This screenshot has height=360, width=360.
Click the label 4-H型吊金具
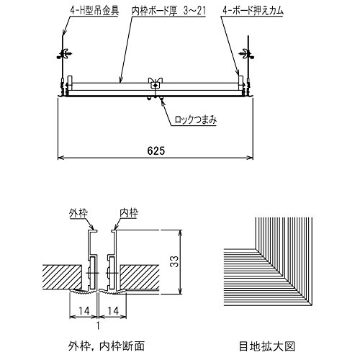94,11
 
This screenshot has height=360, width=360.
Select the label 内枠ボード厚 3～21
168,11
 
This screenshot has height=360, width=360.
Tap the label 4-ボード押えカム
253,11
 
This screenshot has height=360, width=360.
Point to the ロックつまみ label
196,120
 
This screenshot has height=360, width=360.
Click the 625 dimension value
156,150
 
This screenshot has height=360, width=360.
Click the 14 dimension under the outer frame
84,311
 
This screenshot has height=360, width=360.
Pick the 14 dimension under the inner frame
113,311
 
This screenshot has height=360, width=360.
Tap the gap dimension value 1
98,326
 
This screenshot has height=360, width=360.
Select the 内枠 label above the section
129,213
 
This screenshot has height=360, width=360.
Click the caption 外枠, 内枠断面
107,346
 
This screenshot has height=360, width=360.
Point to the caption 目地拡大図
267,346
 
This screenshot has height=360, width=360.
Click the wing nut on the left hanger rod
64,54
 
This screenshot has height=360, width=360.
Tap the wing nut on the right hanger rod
247,54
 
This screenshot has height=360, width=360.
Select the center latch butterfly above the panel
156,81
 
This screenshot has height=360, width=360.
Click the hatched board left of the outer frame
62,277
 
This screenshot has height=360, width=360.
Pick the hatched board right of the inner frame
140,277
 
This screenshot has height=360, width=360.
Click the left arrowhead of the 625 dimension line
60,158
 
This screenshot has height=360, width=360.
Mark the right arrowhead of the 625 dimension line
251,158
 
